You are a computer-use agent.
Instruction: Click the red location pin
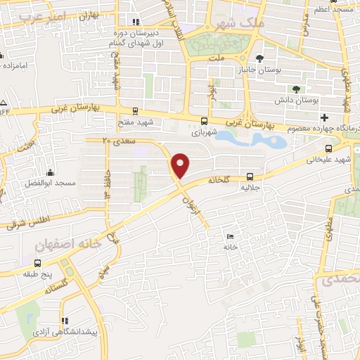tap(181, 165)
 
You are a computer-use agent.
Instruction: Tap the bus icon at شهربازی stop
tap(204, 120)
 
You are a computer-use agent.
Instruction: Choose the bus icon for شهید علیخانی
tap(330, 148)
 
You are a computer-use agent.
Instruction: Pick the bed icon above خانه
tap(230, 236)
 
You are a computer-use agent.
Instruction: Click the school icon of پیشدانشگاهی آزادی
tap(65, 319)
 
